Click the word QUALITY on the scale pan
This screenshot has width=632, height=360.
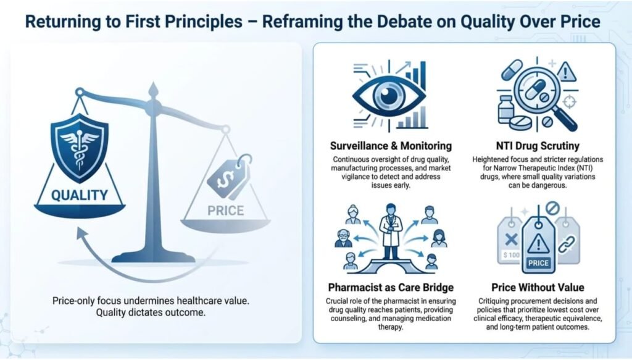[80, 196]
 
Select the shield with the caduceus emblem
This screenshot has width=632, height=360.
[80, 148]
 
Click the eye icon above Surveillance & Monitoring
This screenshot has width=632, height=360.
[389, 96]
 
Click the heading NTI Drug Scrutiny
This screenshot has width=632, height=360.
[538, 146]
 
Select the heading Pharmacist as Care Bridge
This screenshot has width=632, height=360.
[391, 287]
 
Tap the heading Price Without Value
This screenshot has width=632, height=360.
[538, 287]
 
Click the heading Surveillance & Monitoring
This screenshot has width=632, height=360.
[391, 146]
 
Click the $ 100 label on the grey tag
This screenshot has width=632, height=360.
[512, 255]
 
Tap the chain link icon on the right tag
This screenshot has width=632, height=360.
[567, 245]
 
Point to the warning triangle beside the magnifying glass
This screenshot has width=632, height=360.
[567, 72]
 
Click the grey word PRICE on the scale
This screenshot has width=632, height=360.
[226, 211]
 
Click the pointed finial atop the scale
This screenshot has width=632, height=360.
[153, 91]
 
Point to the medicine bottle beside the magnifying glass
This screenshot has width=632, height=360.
[505, 109]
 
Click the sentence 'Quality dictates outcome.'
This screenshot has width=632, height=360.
[151, 313]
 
